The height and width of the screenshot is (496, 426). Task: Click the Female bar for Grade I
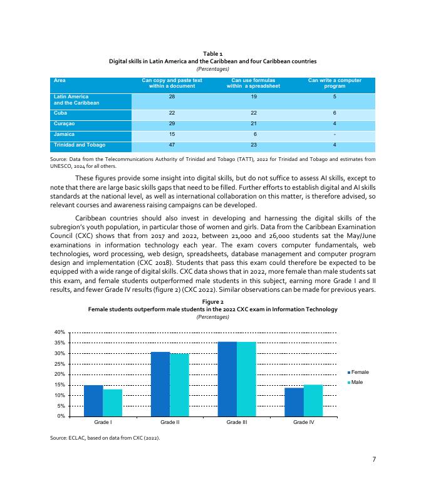pyautogui.click(x=93, y=401)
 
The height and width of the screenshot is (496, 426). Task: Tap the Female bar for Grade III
pyautogui.click(x=227, y=379)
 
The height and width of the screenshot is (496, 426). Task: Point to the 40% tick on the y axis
pyautogui.click(x=60, y=332)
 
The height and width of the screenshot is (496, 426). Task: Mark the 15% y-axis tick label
pyautogui.click(x=60, y=385)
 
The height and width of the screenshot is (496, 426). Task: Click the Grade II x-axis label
pyautogui.click(x=170, y=423)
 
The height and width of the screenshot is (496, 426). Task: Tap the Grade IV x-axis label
pyautogui.click(x=304, y=423)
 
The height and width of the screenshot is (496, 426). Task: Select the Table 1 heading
pyautogui.click(x=212, y=54)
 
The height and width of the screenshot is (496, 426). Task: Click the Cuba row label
pyautogui.click(x=61, y=111)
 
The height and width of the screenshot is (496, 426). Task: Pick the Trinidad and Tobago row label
pyautogui.click(x=80, y=145)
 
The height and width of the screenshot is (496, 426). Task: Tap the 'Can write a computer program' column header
pyautogui.click(x=335, y=83)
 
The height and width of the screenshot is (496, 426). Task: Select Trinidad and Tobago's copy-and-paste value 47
pyautogui.click(x=172, y=145)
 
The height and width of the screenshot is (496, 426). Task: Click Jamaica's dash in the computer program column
pyautogui.click(x=335, y=134)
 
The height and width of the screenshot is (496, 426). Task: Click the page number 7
pyautogui.click(x=374, y=460)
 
